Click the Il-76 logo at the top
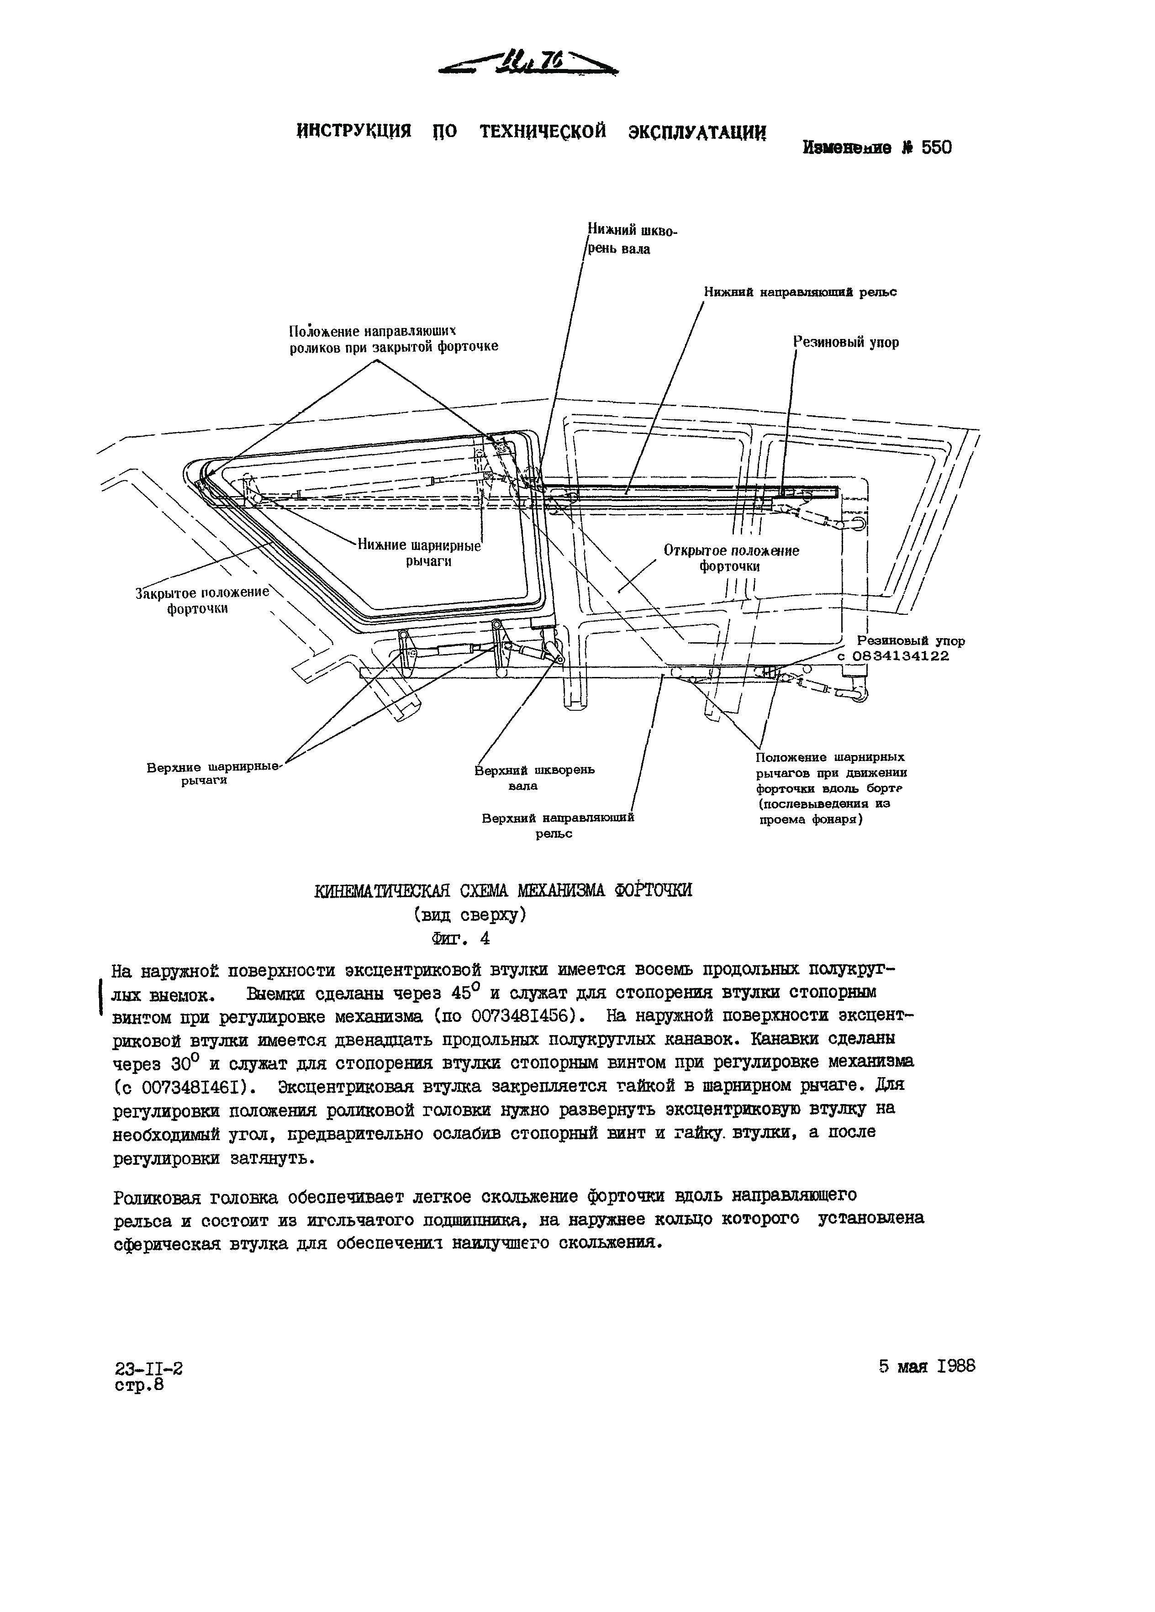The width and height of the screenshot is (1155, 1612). (x=529, y=64)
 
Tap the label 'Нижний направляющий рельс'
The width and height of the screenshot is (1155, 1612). (x=800, y=292)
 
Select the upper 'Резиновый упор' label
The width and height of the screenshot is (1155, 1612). (x=846, y=343)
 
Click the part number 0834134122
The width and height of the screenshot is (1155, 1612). (x=900, y=656)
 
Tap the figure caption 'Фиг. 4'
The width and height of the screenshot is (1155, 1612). (x=460, y=939)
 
